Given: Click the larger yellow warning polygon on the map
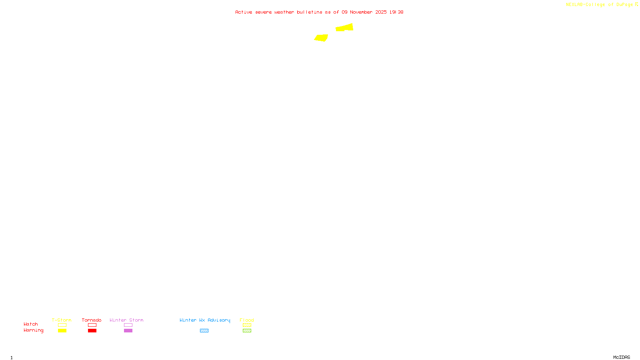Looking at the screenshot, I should click(x=345, y=28).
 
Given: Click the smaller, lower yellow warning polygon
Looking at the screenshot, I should click(x=321, y=38).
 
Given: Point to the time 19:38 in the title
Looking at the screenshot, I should click(x=396, y=12).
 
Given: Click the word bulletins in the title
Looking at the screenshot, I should click(x=310, y=12).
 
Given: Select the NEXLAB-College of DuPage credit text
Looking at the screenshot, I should click(x=600, y=5).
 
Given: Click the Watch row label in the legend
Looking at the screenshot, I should click(x=31, y=324).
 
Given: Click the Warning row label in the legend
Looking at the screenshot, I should click(x=34, y=330).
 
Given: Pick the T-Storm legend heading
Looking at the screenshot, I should click(x=62, y=320).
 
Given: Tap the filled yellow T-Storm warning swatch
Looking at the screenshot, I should click(x=62, y=331).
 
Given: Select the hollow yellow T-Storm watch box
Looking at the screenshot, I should click(x=62, y=325).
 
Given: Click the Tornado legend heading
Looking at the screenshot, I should click(x=92, y=320).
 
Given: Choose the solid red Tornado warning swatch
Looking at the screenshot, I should click(x=92, y=331).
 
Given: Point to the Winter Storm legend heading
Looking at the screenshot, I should click(x=126, y=320).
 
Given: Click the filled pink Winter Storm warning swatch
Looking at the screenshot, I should click(x=128, y=331).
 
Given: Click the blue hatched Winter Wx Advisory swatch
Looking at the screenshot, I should click(x=204, y=331).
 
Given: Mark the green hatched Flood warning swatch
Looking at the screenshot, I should click(x=247, y=331).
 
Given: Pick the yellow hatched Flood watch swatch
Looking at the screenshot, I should click(x=247, y=325).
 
